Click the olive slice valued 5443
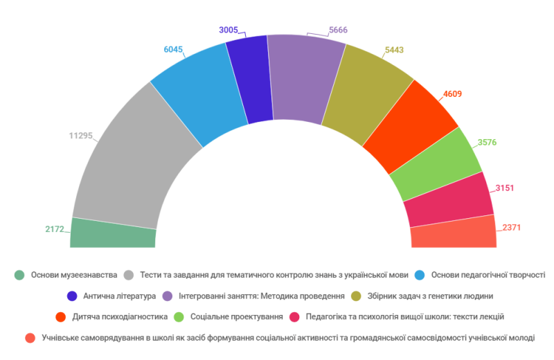pos(360,93)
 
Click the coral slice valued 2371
pos(454,233)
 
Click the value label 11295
pos(80,136)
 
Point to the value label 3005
pos(229,30)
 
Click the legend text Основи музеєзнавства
pos(73,275)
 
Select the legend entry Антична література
pos(120,296)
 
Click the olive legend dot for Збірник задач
pos(357,296)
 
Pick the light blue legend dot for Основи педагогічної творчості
pos(420,275)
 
